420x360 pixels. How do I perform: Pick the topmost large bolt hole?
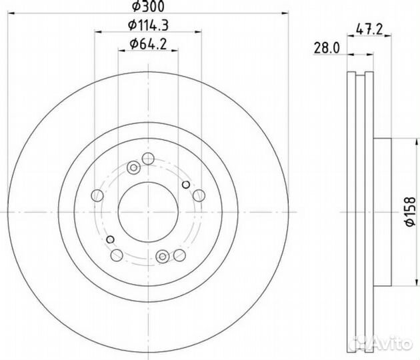pos(148,158)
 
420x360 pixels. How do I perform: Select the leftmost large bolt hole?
pos(97,195)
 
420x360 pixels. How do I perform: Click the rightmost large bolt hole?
pos(198,195)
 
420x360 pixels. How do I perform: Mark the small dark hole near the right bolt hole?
pos(186,185)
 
